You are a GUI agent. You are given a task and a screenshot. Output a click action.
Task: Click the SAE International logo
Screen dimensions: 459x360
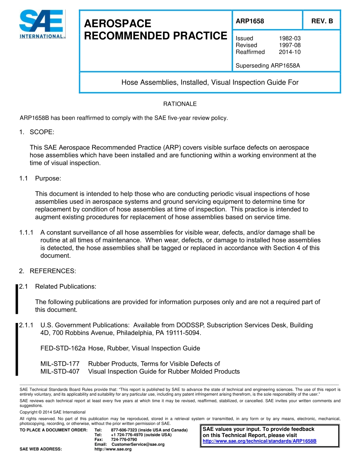pyautogui.click(x=42, y=24)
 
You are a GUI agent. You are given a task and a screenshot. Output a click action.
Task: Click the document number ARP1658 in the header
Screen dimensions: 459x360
pyautogui.click(x=250, y=21)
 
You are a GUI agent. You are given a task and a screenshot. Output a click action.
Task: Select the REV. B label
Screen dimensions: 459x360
pyautogui.click(x=322, y=21)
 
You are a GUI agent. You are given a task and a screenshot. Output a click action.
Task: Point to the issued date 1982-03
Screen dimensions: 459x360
pyautogui.click(x=290, y=38)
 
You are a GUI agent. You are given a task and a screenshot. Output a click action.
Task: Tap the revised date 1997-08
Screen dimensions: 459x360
pyautogui.click(x=290, y=45)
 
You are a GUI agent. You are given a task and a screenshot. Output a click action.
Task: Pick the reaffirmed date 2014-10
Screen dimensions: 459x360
pyautogui.click(x=290, y=52)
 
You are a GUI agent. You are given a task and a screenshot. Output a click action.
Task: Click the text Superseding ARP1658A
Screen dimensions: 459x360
pyautogui.click(x=268, y=66)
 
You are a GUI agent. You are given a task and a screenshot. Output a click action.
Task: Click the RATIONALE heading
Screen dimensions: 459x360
pyautogui.click(x=180, y=104)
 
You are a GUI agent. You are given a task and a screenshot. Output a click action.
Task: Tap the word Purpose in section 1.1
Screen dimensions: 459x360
pyautogui.click(x=48, y=178)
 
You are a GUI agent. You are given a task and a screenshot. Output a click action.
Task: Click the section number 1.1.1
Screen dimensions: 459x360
pyautogui.click(x=27, y=232)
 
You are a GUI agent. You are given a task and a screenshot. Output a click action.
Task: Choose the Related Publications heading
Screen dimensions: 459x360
pyautogui.click(x=66, y=287)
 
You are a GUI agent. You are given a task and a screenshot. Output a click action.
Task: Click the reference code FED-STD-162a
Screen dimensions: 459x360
pyautogui.click(x=63, y=348)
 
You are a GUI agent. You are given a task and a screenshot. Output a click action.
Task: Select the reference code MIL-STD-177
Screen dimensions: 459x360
pyautogui.click(x=60, y=364)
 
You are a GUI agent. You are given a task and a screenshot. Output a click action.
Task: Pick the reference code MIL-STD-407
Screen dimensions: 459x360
pyautogui.click(x=60, y=371)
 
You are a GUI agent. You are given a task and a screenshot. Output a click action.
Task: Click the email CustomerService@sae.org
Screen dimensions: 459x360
pyautogui.click(x=138, y=444)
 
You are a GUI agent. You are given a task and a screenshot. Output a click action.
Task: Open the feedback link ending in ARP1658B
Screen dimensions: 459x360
pyautogui.click(x=260, y=441)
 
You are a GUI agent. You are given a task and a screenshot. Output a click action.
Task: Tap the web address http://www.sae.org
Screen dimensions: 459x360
pyautogui.click(x=113, y=449)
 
